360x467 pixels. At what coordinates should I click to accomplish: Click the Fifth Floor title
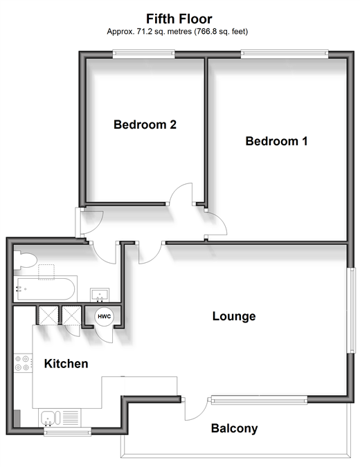pyautogui.click(x=179, y=19)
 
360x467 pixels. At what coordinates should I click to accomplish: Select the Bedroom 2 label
pyautogui.click(x=145, y=125)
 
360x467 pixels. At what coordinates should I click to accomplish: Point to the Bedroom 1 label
pyautogui.click(x=276, y=141)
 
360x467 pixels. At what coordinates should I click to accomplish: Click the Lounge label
pyautogui.click(x=234, y=316)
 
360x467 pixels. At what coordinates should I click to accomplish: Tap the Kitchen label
pyautogui.click(x=66, y=364)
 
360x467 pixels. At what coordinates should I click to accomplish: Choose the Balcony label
pyautogui.click(x=234, y=428)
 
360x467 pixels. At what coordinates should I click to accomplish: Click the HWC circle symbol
pyautogui.click(x=104, y=316)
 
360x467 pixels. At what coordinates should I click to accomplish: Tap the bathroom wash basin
pyautogui.click(x=100, y=295)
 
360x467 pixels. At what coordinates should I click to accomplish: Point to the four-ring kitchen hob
pyautogui.click(x=24, y=363)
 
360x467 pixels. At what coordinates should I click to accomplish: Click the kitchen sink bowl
pyautogui.click(x=47, y=418)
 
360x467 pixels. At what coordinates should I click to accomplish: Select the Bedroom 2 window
pyautogui.click(x=143, y=53)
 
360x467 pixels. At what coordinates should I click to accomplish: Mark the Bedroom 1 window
pyautogui.click(x=285, y=53)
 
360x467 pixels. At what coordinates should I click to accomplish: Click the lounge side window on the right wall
pyautogui.click(x=352, y=311)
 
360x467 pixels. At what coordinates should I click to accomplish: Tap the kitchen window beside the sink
pyautogui.click(x=67, y=432)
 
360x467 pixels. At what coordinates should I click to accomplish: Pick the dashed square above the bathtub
pyautogui.click(x=46, y=272)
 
